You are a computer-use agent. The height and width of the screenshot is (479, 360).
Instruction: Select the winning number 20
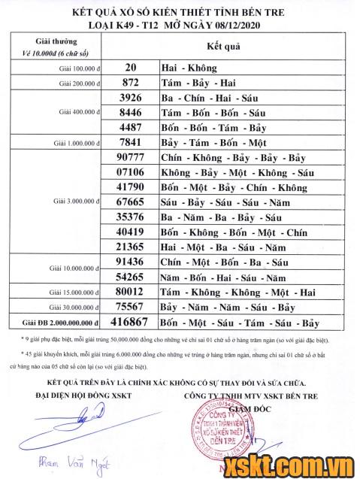point(131,68)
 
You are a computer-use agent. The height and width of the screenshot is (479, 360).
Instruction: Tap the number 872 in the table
point(131,83)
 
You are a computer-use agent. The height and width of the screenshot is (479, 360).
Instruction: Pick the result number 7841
point(131,142)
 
